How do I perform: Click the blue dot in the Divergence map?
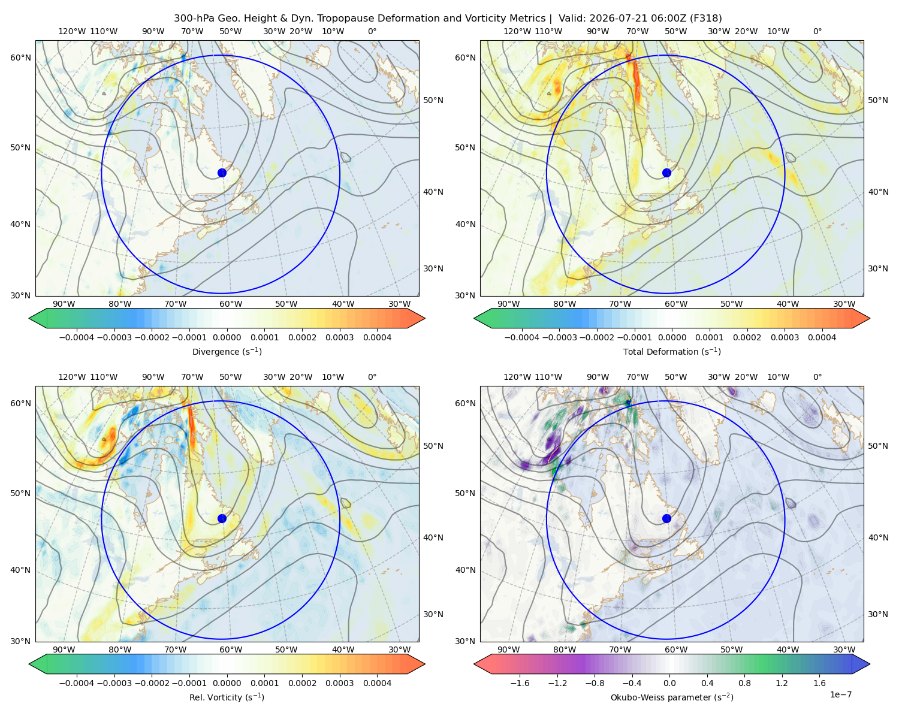(x=222, y=173)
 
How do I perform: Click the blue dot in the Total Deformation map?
(x=666, y=173)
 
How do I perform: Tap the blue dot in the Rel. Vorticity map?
(x=222, y=518)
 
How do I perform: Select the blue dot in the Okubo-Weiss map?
(x=666, y=518)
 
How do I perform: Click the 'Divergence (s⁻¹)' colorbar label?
(x=227, y=351)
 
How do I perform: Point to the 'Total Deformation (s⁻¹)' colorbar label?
(x=672, y=351)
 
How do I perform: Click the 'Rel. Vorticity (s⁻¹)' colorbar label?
(x=227, y=697)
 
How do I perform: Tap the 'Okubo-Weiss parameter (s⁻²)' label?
(x=672, y=697)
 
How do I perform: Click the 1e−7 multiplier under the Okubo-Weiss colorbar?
(x=840, y=694)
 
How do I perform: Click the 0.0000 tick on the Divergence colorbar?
(x=227, y=337)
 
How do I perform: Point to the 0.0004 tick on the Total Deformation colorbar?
(x=822, y=337)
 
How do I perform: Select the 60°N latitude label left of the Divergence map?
(x=20, y=58)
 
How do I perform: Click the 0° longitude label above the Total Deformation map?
(x=817, y=31)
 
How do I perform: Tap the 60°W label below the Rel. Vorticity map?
(x=231, y=649)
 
